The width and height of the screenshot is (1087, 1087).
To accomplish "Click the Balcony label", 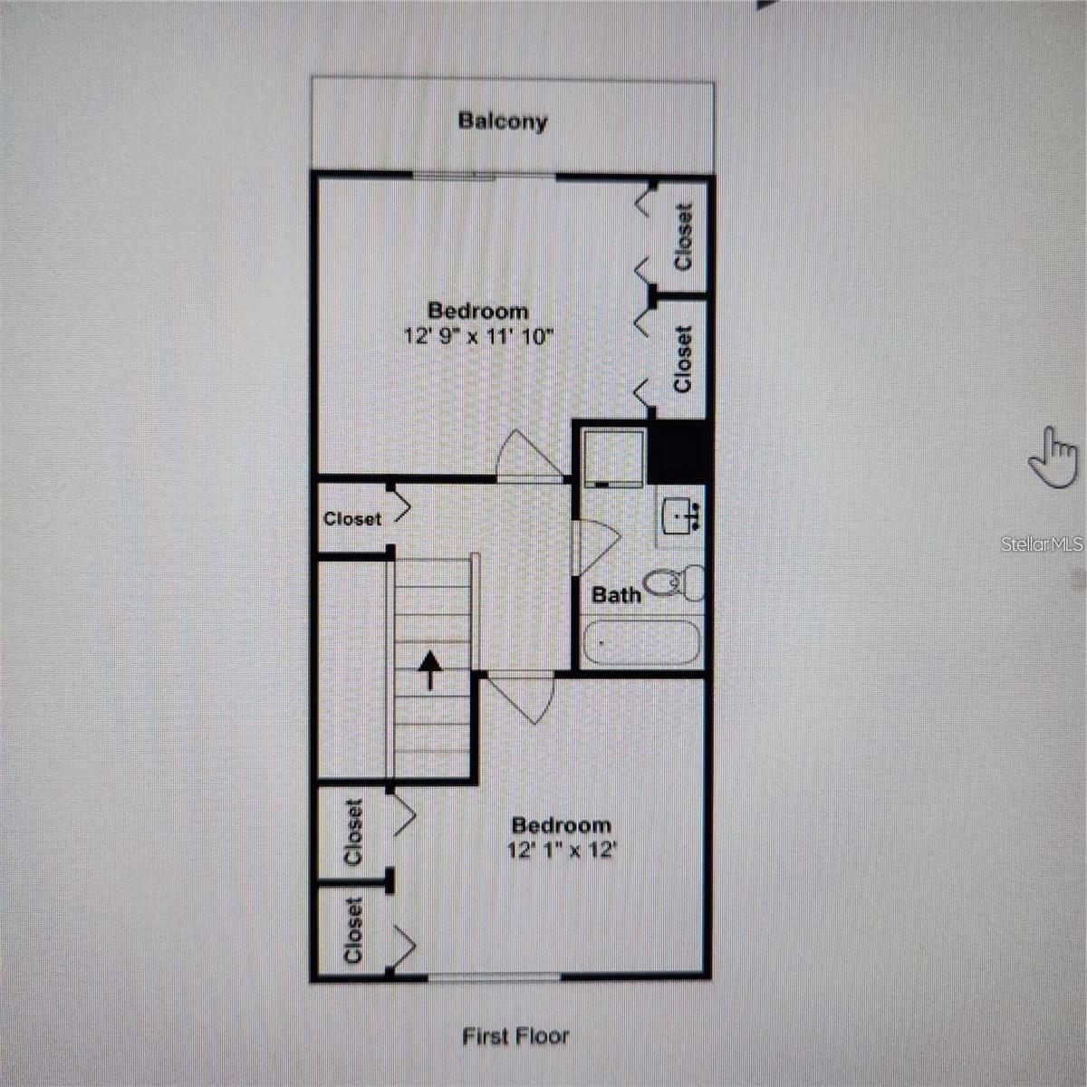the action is (503, 122).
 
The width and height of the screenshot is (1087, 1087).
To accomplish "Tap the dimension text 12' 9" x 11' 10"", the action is (478, 337).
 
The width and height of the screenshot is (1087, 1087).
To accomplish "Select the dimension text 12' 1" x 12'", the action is (560, 850).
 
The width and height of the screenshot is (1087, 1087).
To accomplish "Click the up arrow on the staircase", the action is (430, 670).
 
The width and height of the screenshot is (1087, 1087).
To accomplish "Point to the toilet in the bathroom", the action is (675, 582).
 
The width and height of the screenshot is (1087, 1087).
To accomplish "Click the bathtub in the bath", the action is (640, 642).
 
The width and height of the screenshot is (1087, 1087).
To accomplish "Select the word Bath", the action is (616, 594).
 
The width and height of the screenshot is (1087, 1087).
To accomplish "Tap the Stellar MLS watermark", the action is (1042, 543).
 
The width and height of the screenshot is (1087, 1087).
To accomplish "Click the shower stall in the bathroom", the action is (614, 457).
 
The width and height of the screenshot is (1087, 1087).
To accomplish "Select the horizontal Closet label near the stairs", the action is (352, 518).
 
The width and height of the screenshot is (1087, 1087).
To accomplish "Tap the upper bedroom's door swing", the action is (529, 457).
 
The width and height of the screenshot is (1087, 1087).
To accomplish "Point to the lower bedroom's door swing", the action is (520, 697).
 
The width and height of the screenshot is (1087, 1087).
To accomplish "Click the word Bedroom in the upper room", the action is (478, 311).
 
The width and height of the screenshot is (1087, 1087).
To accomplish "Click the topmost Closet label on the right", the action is (683, 237).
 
